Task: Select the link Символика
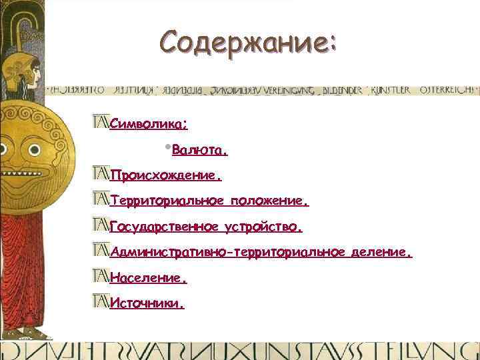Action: coord(148,124)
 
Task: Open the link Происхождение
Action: coord(165,177)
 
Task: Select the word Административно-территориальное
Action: coord(227,252)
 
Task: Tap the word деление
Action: coord(382,252)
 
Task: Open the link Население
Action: coord(148,277)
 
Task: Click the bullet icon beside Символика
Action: coord(101,122)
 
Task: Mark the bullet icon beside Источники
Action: coord(101,301)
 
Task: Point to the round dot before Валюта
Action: coord(166,147)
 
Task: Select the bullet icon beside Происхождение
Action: coord(101,175)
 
